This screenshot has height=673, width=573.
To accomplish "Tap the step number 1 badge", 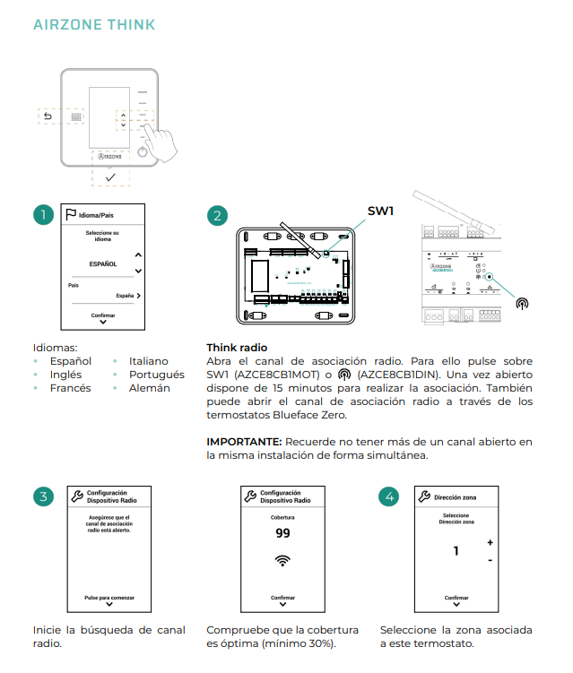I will coord(42,216).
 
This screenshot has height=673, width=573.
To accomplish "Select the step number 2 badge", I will coord(216,216).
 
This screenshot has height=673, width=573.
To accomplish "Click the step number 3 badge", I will coord(42,496).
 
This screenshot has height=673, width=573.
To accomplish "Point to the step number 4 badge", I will coord(389,496).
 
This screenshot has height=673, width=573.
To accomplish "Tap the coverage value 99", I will coord(282,533).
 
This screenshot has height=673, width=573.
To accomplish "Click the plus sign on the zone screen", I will coord(490,543).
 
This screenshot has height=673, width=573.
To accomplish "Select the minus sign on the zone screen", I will coord(490,560).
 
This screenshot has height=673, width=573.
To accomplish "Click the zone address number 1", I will coord(456,550).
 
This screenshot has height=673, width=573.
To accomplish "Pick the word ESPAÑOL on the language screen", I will coord(103,264).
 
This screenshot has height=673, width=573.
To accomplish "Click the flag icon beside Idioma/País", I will coord(70,215).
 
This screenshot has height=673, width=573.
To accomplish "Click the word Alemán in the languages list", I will coord(150,388).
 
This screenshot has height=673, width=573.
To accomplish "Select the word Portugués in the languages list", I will coord(157,375).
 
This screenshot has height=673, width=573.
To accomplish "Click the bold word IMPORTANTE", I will coord(244,442).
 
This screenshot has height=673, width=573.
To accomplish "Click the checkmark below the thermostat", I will coord(110,177).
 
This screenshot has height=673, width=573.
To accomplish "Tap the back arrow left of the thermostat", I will coord(48,116).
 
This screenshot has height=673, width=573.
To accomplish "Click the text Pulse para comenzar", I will coord(109,595).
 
